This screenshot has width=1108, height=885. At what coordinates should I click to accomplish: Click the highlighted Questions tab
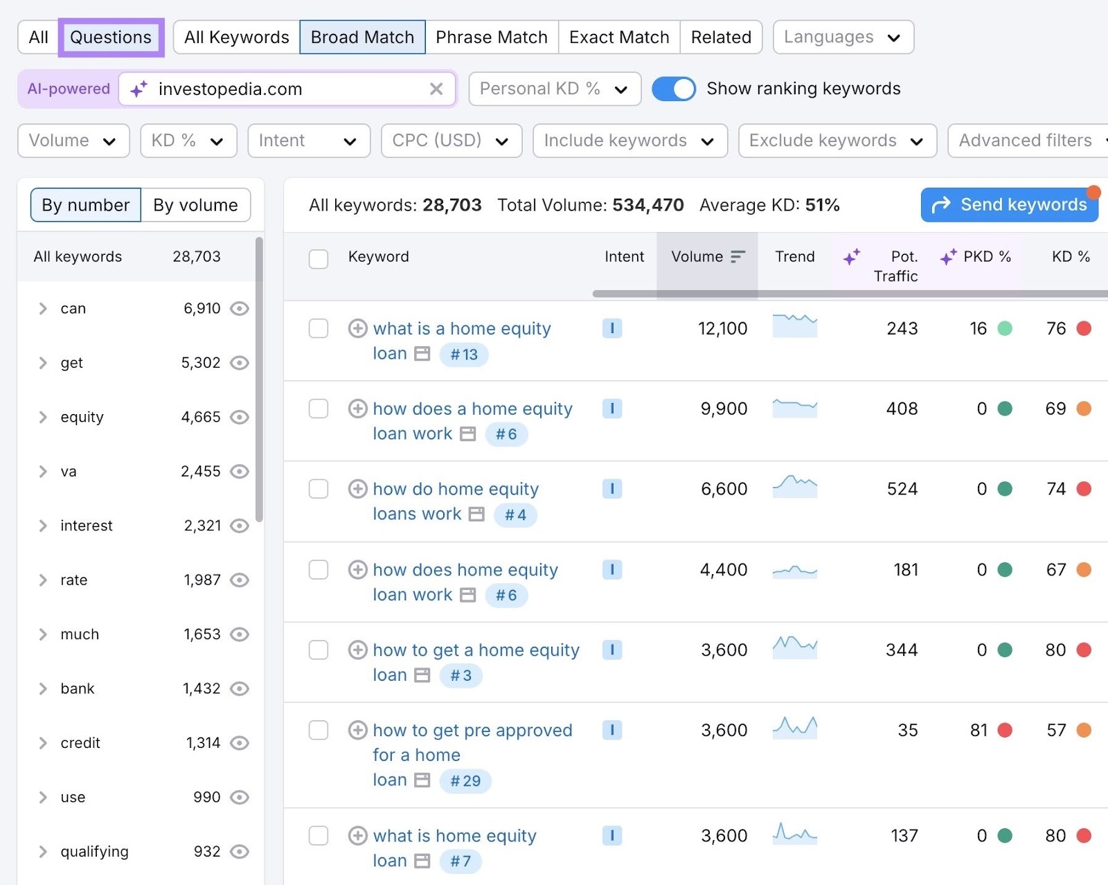tap(111, 37)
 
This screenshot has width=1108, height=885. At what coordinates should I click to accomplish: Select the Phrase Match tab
tap(491, 37)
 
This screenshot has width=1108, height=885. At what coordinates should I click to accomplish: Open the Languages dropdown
tap(843, 37)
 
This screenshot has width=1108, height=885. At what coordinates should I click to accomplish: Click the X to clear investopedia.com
tap(436, 89)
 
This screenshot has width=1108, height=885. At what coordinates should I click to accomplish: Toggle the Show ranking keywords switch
tap(673, 89)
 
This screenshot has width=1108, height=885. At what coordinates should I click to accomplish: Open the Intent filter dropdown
tap(308, 141)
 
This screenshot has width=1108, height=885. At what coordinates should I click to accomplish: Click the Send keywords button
tap(1010, 205)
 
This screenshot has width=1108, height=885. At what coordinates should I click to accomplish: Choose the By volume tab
tap(195, 205)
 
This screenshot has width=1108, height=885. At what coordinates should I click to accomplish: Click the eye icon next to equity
tap(240, 417)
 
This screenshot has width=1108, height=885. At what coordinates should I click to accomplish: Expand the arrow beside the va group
tap(43, 472)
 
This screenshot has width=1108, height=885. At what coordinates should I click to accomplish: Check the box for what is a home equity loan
tap(319, 328)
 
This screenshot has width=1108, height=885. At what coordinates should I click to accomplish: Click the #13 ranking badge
tap(464, 355)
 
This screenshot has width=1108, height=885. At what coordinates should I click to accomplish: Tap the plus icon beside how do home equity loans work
tap(357, 489)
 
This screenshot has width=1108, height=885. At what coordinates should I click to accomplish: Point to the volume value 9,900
tap(724, 409)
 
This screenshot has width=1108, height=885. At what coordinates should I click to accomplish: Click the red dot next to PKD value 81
tap(1005, 730)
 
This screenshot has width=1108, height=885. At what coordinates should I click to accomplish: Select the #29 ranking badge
tap(465, 781)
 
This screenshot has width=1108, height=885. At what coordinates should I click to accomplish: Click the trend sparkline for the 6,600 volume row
tap(794, 487)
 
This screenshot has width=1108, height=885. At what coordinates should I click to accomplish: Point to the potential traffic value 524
tap(902, 489)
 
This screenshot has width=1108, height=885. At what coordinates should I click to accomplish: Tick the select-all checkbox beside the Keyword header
tap(319, 259)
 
